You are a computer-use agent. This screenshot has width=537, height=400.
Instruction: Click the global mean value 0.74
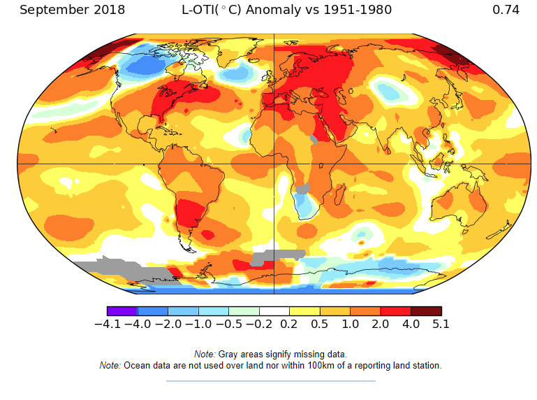pyautogui.click(x=506, y=10)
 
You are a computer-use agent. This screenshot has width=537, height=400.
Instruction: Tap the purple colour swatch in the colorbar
pyautogui.click(x=122, y=311)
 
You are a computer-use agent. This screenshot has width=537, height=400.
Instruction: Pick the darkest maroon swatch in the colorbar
pyautogui.click(x=426, y=311)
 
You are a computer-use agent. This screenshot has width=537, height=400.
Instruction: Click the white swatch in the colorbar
pyautogui.click(x=274, y=311)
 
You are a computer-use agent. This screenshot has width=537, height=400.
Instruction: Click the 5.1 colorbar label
pyautogui.click(x=441, y=324)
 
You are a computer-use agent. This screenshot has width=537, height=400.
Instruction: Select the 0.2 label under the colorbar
pyautogui.click(x=289, y=324)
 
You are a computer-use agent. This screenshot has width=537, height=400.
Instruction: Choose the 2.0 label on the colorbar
pyautogui.click(x=380, y=324)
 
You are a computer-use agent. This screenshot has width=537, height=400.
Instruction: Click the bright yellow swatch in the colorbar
pyautogui.click(x=304, y=311)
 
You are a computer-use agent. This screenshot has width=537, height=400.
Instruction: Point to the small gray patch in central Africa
pyautogui.click(x=302, y=188)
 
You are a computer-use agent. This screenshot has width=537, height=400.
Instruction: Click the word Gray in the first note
pyautogui.click(x=229, y=355)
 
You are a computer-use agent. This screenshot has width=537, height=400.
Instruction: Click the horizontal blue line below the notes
pyautogui.click(x=270, y=381)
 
